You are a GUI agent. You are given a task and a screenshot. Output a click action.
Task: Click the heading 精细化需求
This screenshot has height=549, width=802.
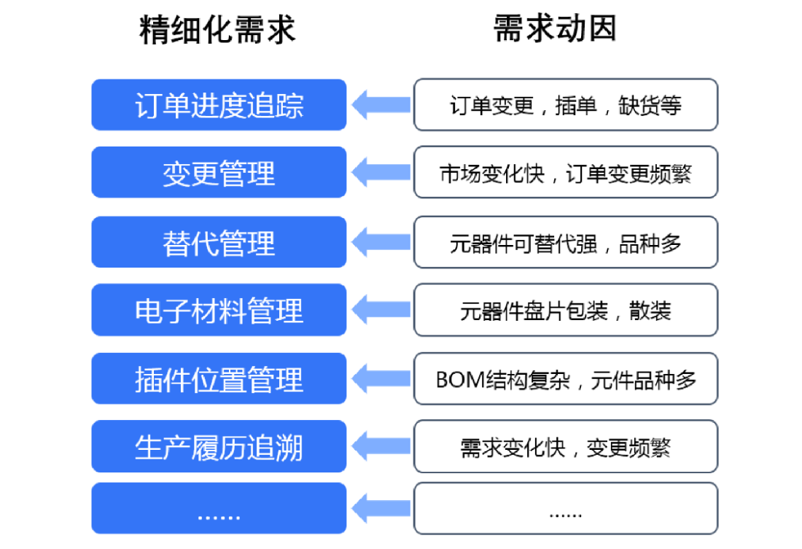(218, 30)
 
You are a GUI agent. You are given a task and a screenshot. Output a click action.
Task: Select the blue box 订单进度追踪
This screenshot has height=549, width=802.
(219, 105)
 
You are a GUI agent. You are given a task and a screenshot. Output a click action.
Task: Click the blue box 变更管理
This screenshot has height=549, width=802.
(219, 173)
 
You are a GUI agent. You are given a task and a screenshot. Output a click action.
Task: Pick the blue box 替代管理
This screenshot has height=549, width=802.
(219, 242)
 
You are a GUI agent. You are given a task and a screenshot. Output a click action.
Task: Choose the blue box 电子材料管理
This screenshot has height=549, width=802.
(219, 311)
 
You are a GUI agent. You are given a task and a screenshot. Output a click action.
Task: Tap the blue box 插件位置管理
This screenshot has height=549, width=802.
(219, 379)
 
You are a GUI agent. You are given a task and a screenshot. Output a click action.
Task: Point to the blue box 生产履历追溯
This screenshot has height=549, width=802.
(219, 447)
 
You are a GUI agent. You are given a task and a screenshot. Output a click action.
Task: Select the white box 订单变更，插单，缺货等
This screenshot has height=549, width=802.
(566, 105)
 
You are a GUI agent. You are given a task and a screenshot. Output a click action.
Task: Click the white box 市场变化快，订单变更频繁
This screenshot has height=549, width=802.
(566, 173)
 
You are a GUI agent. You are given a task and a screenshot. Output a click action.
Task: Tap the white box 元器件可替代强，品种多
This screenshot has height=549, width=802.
(566, 242)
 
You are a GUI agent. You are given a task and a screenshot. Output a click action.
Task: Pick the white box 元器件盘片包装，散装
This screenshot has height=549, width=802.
(566, 311)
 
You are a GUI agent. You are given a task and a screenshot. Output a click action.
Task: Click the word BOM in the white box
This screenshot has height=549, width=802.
(460, 380)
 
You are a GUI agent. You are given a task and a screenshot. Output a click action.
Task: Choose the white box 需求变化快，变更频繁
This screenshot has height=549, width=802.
(566, 447)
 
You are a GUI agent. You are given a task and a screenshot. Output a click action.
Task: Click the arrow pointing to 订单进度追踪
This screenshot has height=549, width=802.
(380, 105)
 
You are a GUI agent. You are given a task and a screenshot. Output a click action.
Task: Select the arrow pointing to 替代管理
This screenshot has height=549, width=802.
(380, 242)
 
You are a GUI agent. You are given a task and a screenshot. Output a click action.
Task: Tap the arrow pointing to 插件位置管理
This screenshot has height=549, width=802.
(380, 379)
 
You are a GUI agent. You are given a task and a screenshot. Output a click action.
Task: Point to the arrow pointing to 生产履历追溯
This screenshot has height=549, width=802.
(380, 447)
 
